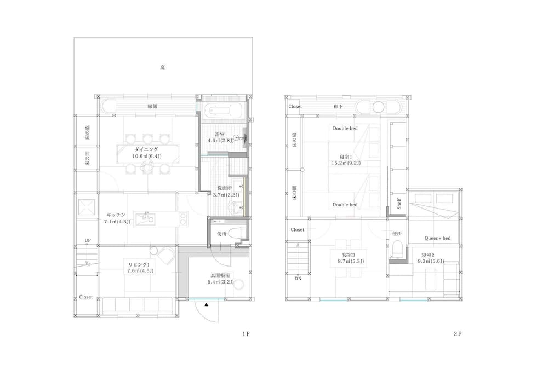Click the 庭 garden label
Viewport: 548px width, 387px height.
tap(163, 67)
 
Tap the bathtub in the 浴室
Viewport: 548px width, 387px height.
tap(220, 111)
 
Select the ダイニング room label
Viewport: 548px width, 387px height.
tap(146, 149)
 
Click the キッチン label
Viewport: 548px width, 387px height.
tap(116, 215)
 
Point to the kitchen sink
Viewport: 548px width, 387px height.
tap(145, 219)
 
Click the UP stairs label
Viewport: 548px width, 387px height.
tap(88, 240)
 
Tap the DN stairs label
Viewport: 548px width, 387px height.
tap(298, 279)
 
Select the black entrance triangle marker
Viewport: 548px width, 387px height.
tap(207, 305)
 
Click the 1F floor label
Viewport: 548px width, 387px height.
tap(246, 334)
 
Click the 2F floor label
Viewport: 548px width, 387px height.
tap(458, 334)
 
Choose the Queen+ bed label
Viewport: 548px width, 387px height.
tap(437, 238)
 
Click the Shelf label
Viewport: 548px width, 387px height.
tap(399, 204)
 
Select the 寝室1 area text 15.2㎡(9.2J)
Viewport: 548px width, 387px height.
tap(346, 163)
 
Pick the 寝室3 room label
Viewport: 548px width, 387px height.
tap(349, 255)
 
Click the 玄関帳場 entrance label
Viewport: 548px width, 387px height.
tap(220, 275)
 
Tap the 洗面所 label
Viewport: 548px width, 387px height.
tap(225, 188)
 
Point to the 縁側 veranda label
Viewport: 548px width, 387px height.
tap(152, 106)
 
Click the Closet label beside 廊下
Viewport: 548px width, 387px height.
tap(295, 106)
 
